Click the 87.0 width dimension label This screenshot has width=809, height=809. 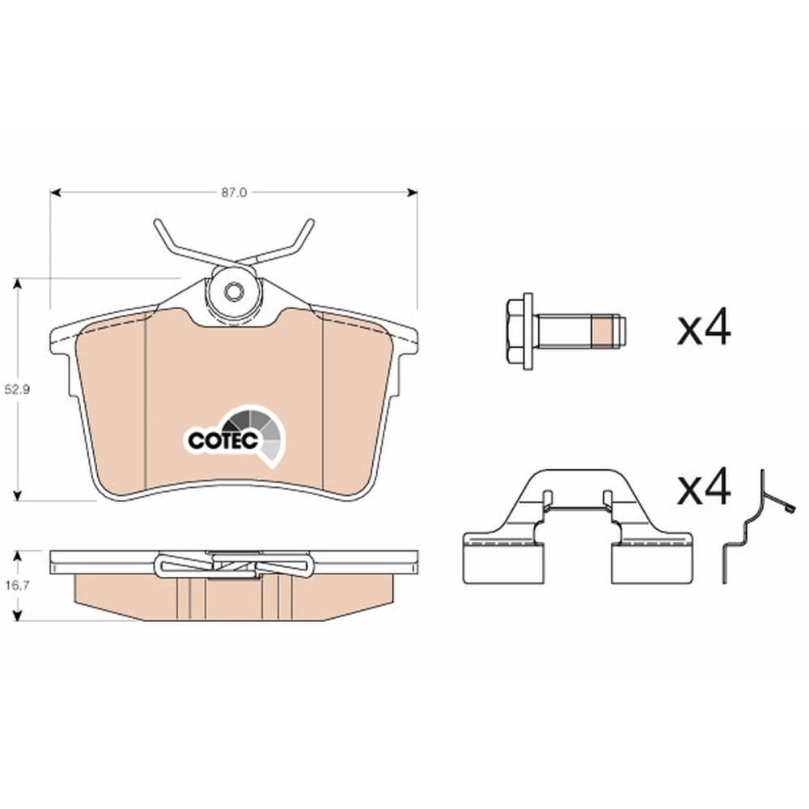coord(235,193)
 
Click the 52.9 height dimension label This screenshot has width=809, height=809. coord(17,390)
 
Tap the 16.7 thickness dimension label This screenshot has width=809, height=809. coord(17,585)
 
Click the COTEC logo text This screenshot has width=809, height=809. coord(223,440)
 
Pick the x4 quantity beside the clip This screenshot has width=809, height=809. coord(704,486)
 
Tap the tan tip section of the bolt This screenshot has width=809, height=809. coord(599,330)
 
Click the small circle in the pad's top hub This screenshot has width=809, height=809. coord(233,291)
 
